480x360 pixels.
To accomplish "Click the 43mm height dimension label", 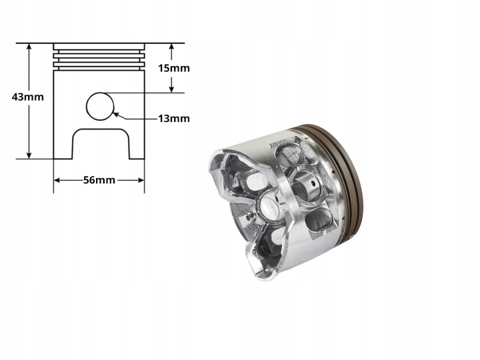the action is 27,97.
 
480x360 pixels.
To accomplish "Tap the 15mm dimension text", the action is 173,68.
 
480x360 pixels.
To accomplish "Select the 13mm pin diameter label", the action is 173,118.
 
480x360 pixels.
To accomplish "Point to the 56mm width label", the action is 99,180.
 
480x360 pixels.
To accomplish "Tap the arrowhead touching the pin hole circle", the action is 116,115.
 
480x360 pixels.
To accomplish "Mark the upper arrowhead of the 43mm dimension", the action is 29,47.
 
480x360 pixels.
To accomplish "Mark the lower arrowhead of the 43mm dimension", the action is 29,155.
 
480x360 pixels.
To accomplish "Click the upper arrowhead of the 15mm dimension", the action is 171,47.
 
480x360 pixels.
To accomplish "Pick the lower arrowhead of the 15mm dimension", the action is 171,89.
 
